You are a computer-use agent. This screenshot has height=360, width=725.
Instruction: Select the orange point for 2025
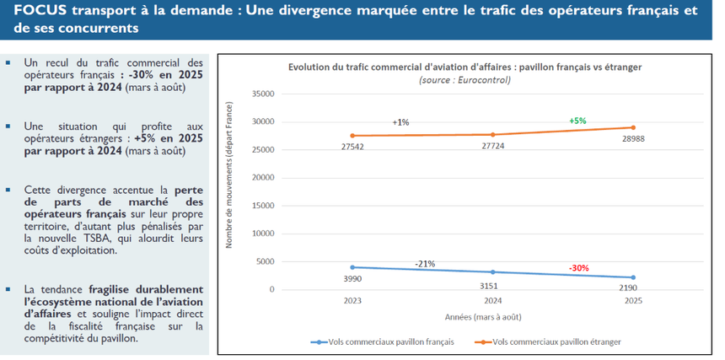point(633,127)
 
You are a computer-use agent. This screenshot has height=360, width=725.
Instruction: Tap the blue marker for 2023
point(353,267)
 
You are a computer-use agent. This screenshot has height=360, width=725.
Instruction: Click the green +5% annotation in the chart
point(577,121)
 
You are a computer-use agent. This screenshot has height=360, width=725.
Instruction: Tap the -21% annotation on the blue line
point(425,264)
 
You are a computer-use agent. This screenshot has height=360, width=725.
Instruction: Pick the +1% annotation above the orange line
point(401,123)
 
